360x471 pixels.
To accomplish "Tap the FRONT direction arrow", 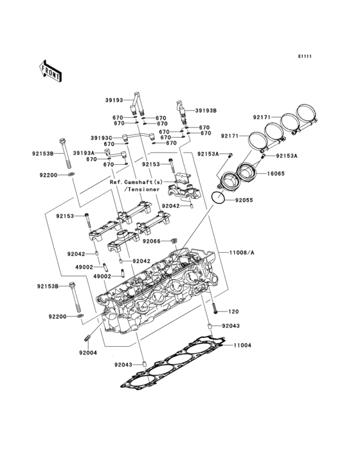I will [51, 69].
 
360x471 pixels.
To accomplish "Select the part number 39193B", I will [206, 111].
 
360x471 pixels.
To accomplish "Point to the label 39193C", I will [101, 138].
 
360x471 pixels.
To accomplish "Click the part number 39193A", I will [84, 153].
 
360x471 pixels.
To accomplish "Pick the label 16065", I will [278, 174].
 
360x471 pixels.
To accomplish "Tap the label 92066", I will [152, 241].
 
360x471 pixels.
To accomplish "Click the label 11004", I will [242, 346].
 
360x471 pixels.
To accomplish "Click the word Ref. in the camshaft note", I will [116, 182].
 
